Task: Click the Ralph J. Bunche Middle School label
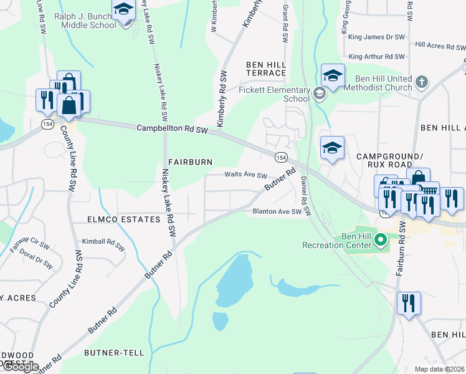pyautogui.click(x=85, y=21)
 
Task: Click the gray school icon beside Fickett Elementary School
pyautogui.click(x=320, y=93)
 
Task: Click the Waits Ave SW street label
pyautogui.click(x=245, y=176)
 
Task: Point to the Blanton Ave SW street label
pyautogui.click(x=281, y=212)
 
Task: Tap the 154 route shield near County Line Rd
pyautogui.click(x=47, y=125)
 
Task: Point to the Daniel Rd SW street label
pyautogui.click(x=305, y=193)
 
